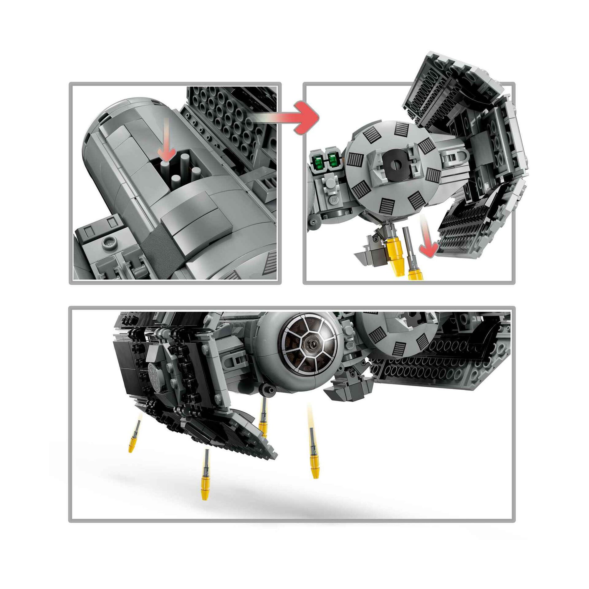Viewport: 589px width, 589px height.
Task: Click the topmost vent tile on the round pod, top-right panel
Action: point(401,129)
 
